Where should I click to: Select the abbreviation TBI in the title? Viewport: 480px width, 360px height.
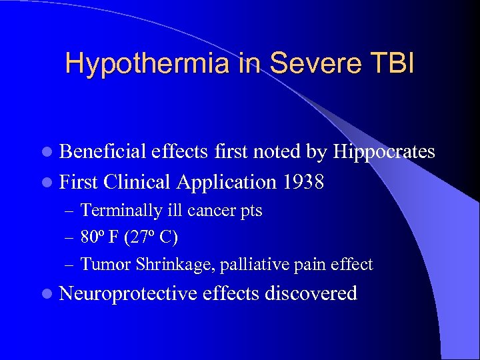pyautogui.click(x=393, y=64)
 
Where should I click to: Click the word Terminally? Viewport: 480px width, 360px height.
pyautogui.click(x=119, y=211)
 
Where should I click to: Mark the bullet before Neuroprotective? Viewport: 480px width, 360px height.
pyautogui.click(x=51, y=294)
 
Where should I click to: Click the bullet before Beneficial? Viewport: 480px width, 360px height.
pyautogui.click(x=51, y=153)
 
